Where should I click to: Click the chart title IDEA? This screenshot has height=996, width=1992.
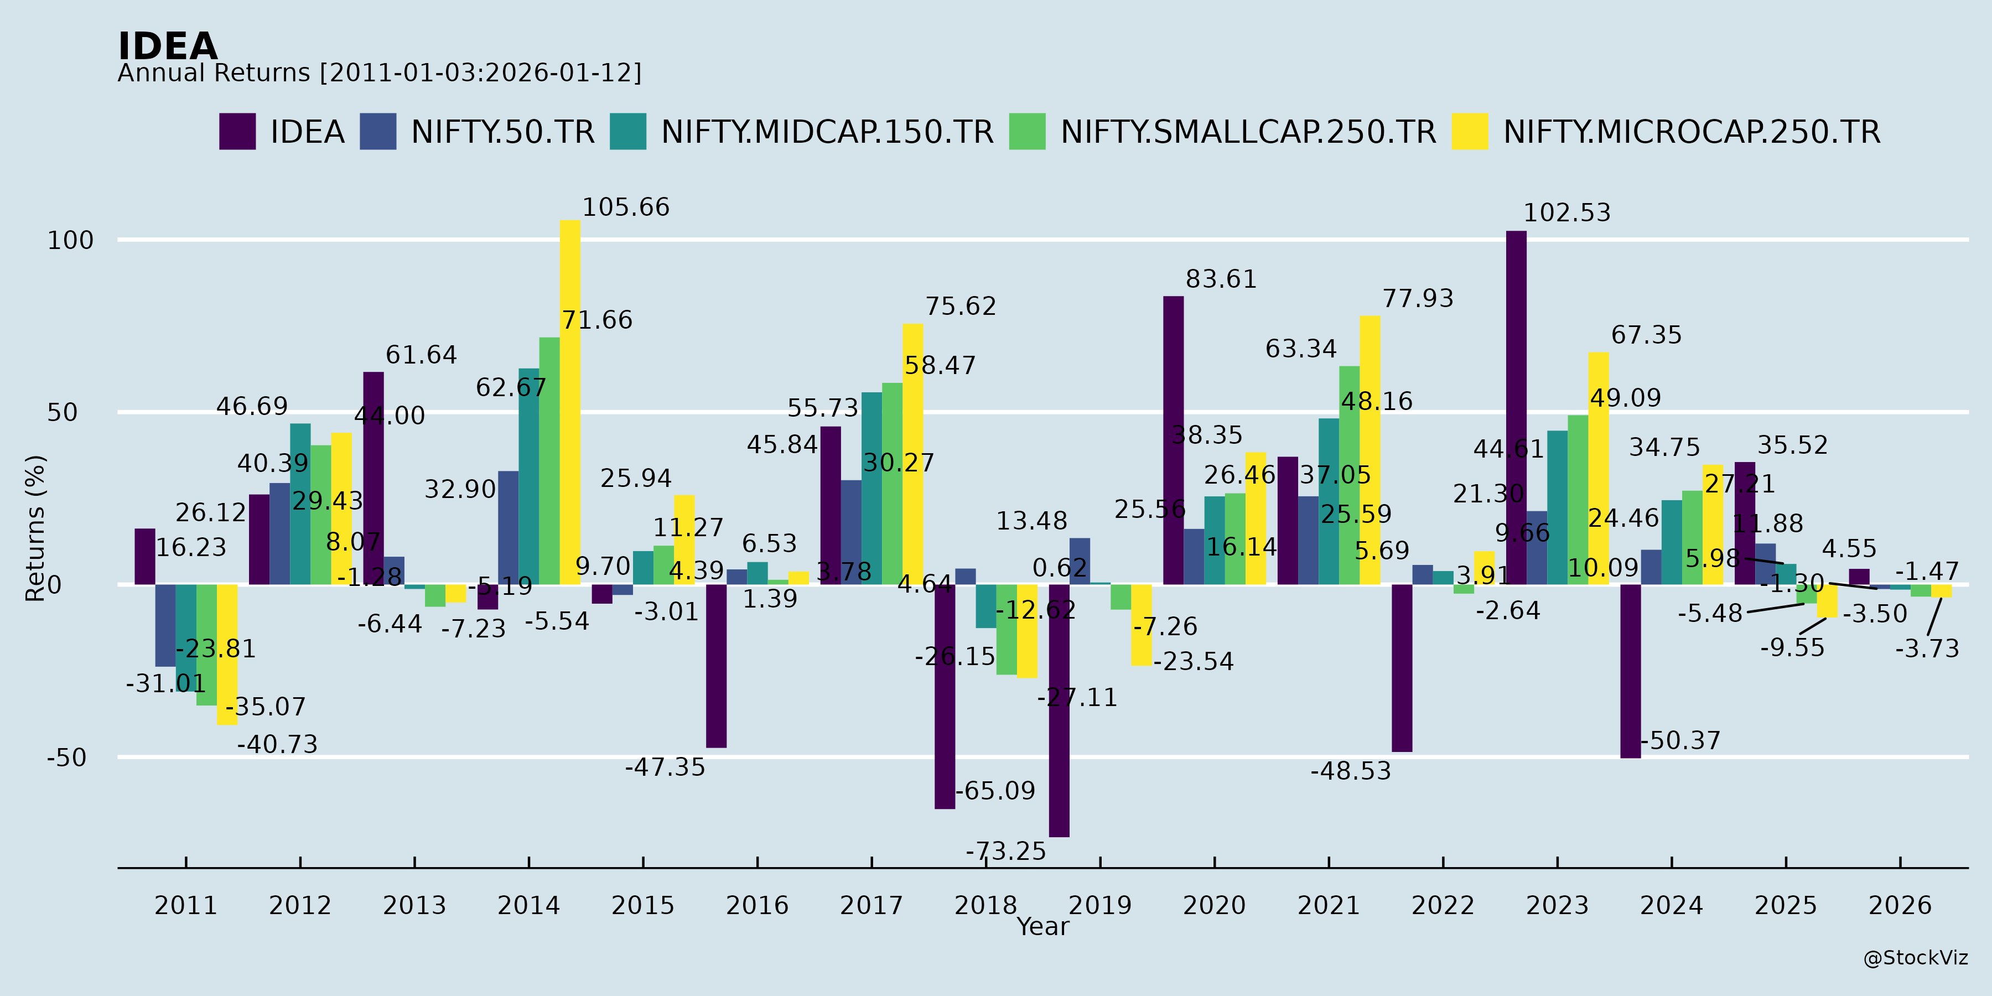tap(168, 46)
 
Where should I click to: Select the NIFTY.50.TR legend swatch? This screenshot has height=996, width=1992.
tap(378, 132)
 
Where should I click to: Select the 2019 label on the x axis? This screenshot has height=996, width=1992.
tap(1099, 905)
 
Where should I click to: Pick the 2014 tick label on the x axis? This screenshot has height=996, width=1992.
tap(528, 905)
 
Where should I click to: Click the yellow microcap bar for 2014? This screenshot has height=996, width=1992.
tap(570, 402)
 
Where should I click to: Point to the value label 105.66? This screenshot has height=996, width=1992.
tap(626, 207)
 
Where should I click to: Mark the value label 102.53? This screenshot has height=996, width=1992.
tap(1566, 212)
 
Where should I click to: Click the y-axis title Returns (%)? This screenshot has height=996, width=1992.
tap(35, 528)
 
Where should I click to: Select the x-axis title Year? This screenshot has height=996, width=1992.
tap(1042, 926)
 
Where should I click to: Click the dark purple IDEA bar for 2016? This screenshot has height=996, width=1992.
tap(716, 666)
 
